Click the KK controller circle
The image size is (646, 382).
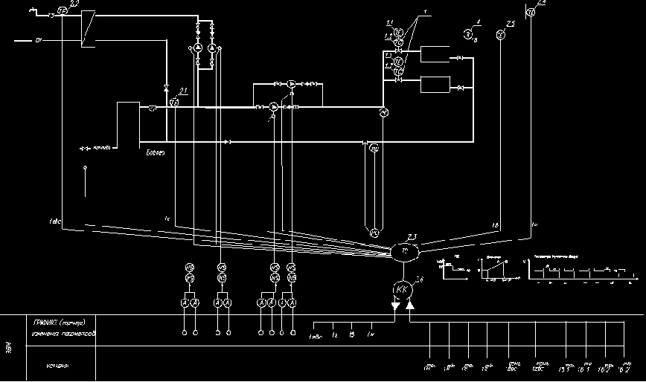coord(402,288)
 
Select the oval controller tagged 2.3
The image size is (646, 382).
coord(405,253)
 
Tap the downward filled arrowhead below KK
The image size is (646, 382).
coord(396,305)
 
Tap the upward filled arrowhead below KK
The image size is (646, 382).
coord(410,305)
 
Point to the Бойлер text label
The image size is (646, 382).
coord(155,153)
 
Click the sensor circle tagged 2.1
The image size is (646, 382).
coord(173,100)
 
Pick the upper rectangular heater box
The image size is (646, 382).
coord(433,54)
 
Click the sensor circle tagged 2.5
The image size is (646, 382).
coord(501,34)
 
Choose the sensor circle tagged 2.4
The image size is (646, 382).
coord(531,12)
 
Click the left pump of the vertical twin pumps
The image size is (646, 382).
coord(199,48)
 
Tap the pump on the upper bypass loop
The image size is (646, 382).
coord(292,84)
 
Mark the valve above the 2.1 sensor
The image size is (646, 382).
coord(165,88)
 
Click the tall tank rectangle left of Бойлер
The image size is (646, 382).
coord(127,124)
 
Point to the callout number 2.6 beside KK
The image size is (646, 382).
coord(420,279)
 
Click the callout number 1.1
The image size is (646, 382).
coord(390,25)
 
